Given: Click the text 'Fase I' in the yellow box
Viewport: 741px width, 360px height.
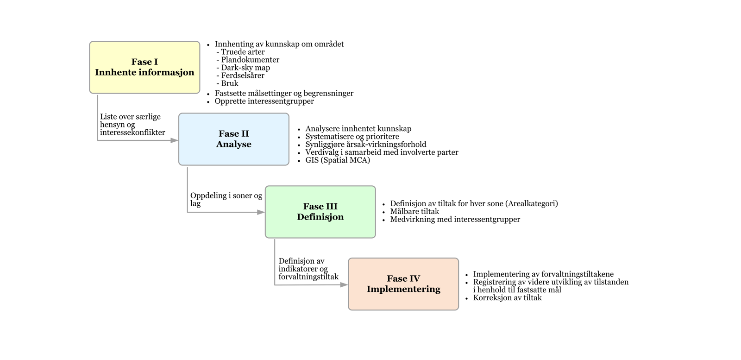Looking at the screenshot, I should point(144,62).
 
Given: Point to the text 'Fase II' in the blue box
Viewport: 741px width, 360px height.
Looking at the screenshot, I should point(234,134).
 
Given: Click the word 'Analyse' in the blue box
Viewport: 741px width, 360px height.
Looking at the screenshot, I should point(234,144).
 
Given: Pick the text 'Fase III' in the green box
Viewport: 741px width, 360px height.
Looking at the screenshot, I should point(320,207).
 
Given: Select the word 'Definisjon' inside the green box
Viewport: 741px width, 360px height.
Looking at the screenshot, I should point(320,217).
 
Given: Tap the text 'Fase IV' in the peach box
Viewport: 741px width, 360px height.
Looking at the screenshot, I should point(403,278).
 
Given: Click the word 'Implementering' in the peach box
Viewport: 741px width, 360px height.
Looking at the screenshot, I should point(403,289).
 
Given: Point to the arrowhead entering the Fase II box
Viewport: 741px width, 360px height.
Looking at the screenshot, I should point(174,140).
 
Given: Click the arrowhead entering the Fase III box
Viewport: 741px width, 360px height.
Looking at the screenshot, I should point(261,212).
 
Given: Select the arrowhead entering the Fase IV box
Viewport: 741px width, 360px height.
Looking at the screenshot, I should point(344,285).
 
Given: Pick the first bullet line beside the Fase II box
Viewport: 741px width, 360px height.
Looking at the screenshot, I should point(358,129).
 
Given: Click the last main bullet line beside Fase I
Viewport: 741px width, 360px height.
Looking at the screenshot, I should point(264,101).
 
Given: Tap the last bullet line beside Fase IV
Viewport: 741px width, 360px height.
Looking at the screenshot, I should point(507,297).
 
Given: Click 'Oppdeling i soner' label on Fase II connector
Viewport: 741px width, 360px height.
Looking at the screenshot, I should point(226,196).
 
